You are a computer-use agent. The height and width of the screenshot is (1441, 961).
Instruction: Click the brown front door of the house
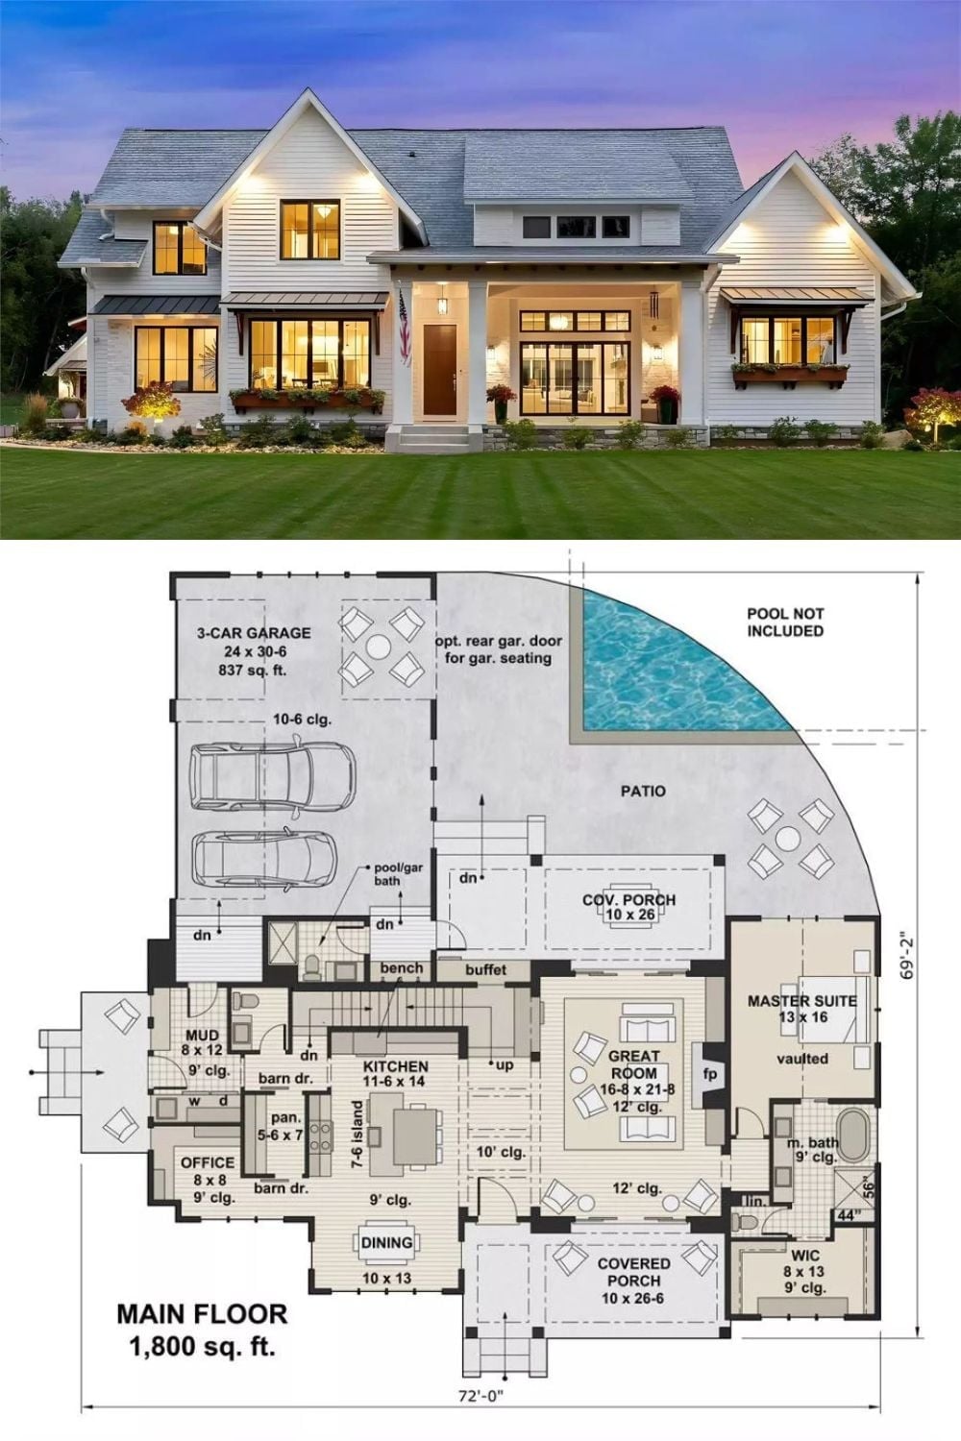[439, 370]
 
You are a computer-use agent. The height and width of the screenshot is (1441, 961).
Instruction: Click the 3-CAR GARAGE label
[254, 633]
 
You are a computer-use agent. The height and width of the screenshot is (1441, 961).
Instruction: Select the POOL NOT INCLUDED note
[785, 623]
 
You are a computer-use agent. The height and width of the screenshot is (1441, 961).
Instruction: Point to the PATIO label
[643, 792]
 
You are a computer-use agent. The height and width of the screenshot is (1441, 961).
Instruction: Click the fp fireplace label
[709, 1074]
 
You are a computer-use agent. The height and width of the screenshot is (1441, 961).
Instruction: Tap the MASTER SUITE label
[802, 1001]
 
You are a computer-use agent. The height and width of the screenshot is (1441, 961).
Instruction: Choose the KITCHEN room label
[395, 1066]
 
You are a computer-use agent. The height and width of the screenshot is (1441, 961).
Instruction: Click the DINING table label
[386, 1243]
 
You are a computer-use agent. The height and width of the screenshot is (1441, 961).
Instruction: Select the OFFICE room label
[208, 1162]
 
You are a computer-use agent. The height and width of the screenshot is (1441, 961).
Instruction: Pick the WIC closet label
[804, 1255]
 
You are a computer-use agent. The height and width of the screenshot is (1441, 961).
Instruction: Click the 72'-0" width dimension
[480, 1396]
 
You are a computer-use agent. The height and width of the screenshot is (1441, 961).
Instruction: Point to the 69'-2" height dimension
[906, 959]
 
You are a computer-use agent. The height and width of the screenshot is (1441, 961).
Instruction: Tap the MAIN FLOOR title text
[202, 1314]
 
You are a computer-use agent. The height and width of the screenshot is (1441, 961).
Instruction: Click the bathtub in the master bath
[853, 1136]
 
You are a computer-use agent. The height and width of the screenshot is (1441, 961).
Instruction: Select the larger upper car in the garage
[272, 776]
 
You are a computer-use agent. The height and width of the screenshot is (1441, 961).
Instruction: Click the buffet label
[486, 969]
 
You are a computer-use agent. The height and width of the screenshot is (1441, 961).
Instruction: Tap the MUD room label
[202, 1036]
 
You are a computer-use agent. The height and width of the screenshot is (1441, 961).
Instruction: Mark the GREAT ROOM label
[634, 1064]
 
